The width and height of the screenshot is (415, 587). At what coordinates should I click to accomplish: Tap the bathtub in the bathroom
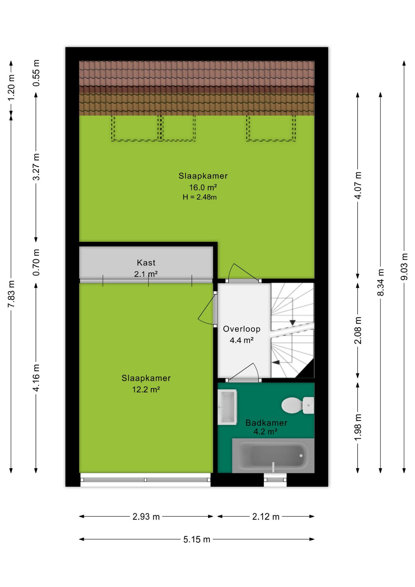click(273, 456)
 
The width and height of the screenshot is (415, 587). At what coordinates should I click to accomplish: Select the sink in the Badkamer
click(227, 407)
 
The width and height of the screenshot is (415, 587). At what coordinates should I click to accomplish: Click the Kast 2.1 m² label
click(146, 268)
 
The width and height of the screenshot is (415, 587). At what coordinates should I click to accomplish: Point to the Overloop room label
click(242, 329)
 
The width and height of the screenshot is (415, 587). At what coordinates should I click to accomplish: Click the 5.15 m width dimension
click(197, 539)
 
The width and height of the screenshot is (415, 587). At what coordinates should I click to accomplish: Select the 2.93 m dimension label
click(146, 517)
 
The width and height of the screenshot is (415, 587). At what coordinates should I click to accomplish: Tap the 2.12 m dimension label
click(266, 517)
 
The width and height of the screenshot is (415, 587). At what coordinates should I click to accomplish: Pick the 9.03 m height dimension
click(404, 267)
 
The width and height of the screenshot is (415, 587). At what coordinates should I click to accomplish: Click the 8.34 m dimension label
click(380, 282)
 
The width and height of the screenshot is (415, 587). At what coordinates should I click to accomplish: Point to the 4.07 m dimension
click(358, 186)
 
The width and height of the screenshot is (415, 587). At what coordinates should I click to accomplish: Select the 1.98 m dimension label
click(358, 427)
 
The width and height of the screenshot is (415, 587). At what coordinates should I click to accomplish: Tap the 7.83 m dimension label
click(11, 294)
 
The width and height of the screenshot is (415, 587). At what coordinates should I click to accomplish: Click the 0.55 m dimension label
click(36, 73)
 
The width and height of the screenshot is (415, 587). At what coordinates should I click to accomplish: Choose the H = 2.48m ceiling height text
click(200, 197)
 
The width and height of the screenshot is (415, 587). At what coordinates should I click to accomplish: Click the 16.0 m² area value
click(203, 187)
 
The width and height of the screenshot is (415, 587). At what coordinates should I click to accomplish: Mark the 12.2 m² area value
click(146, 389)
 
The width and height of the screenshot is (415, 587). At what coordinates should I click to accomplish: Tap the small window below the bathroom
click(275, 480)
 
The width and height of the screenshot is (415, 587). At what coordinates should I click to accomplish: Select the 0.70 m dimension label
click(36, 262)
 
